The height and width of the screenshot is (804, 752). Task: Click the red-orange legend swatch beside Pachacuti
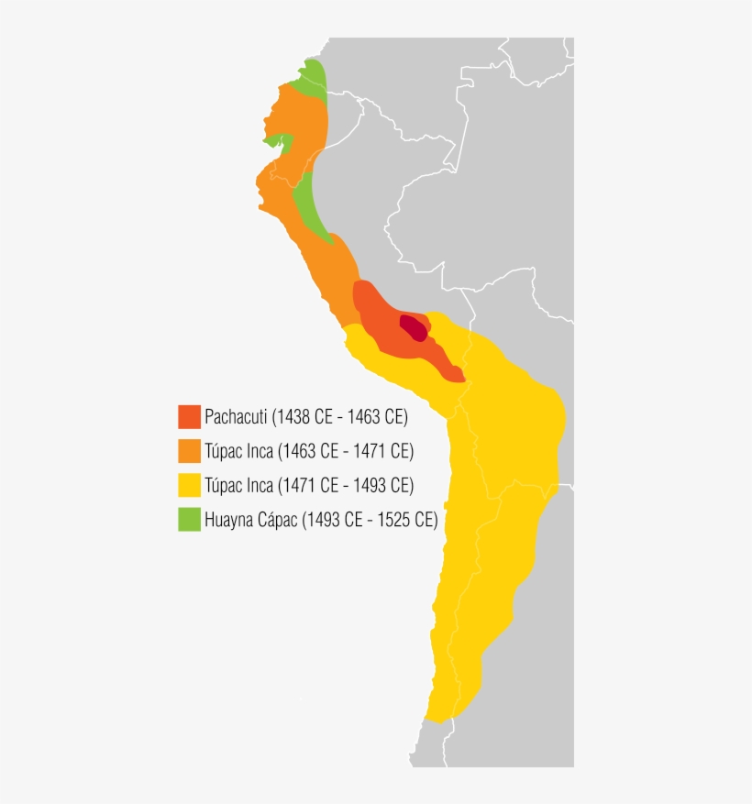pos(189,416)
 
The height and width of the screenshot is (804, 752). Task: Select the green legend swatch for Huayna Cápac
pos(189,519)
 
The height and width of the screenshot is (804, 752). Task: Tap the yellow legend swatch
pos(189,485)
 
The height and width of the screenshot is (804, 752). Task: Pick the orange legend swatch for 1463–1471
pos(189,451)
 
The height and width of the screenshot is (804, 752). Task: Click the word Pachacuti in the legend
pos(236,417)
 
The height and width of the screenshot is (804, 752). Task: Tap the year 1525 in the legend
pos(396,520)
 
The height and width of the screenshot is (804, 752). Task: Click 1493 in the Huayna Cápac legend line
pos(321,520)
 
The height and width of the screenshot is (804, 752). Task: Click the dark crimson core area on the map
pos(414,327)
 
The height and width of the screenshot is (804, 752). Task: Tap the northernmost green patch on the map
pos(314,77)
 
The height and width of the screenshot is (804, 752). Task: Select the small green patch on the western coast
pos(280,142)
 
